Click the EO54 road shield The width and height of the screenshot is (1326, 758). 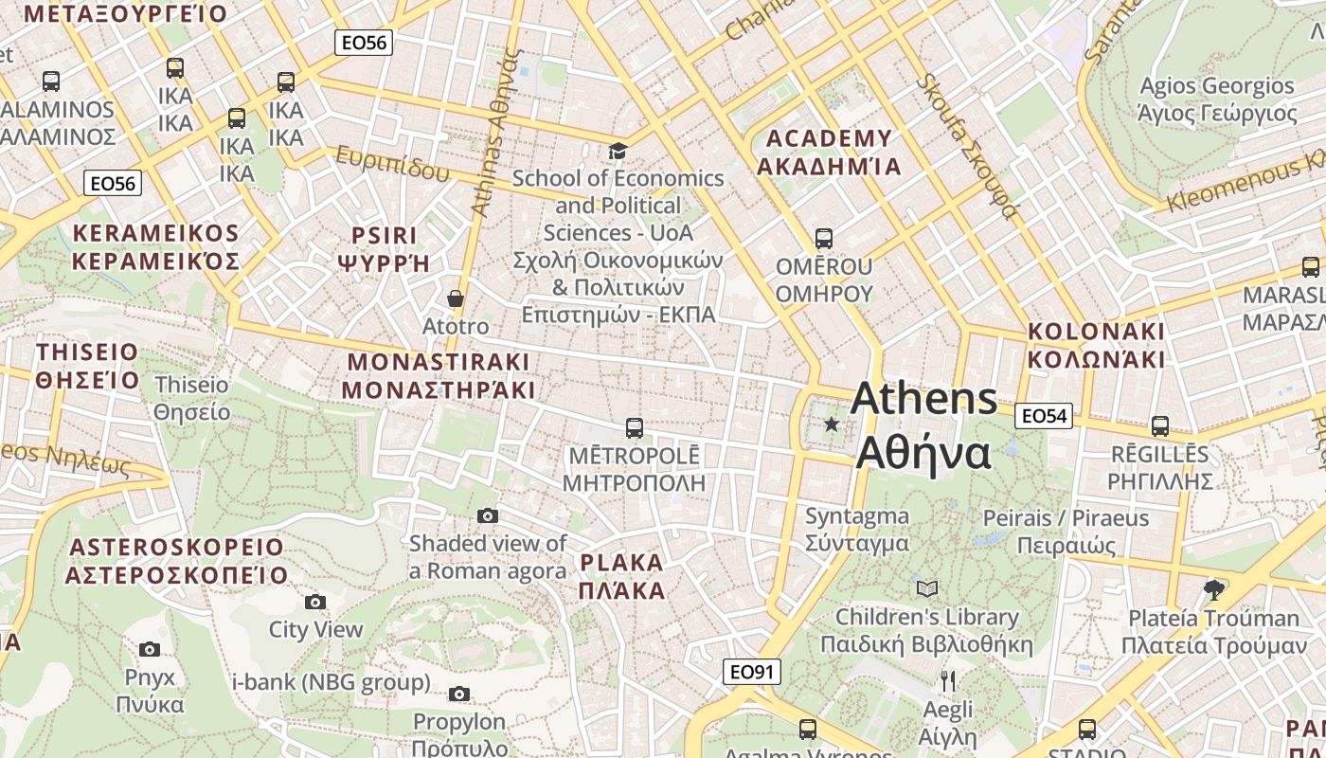(1044, 415)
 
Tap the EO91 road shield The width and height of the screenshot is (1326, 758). (752, 672)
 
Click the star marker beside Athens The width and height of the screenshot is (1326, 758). (832, 424)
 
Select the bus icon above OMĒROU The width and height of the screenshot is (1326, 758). (824, 239)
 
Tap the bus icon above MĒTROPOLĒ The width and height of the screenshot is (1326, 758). (635, 428)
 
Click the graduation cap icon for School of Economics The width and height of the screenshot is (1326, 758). (618, 151)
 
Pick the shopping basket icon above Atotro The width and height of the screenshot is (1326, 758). (456, 299)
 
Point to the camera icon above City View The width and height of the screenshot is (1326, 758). (315, 602)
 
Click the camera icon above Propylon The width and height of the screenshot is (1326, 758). (459, 695)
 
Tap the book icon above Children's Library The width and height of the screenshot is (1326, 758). (927, 588)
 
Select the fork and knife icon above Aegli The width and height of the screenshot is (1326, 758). (947, 680)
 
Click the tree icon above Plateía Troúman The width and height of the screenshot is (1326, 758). (1213, 590)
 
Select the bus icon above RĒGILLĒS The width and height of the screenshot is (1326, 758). (1160, 426)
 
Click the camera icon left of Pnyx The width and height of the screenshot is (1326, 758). (150, 649)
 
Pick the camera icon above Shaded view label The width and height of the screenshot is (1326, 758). (488, 515)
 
